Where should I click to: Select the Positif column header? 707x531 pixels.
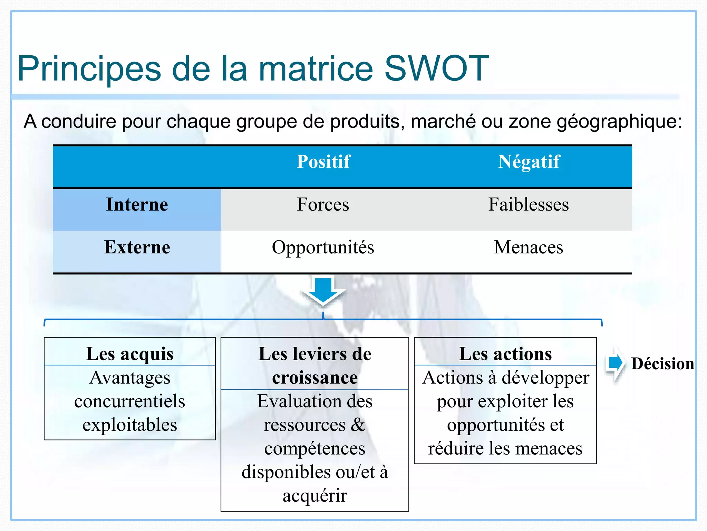pos(323,162)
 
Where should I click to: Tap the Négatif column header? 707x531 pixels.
pos(529,162)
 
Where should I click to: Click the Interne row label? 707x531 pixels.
pos(137,205)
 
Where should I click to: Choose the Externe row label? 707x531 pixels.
pos(137,248)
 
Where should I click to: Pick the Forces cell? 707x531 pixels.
pos(323,205)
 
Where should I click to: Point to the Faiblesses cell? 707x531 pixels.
pos(529,205)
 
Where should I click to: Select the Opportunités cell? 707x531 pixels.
pos(323,248)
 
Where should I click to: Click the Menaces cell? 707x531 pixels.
pos(529,248)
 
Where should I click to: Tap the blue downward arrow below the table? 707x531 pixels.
pos(323,290)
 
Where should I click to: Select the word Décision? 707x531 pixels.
pos(662,364)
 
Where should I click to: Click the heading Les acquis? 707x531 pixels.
pos(130,354)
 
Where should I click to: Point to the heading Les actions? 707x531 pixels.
pos(505,354)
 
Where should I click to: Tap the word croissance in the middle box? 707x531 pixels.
pos(315,378)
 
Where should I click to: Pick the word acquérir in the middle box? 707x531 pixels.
pos(315,496)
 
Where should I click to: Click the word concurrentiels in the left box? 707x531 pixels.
pos(130,401)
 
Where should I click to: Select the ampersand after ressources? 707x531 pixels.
pos(358,425)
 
